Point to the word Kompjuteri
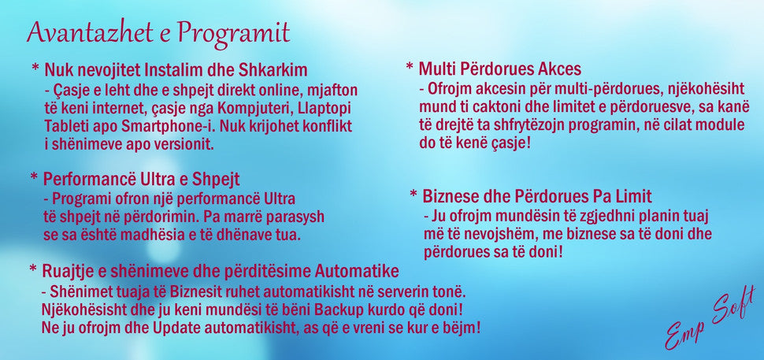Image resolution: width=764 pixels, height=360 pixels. [x=254, y=108]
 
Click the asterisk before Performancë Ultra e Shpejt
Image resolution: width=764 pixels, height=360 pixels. [x=34, y=176]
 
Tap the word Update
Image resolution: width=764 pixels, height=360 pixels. [x=176, y=328]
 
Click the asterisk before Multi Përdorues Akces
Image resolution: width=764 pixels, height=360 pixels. [x=410, y=65]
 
